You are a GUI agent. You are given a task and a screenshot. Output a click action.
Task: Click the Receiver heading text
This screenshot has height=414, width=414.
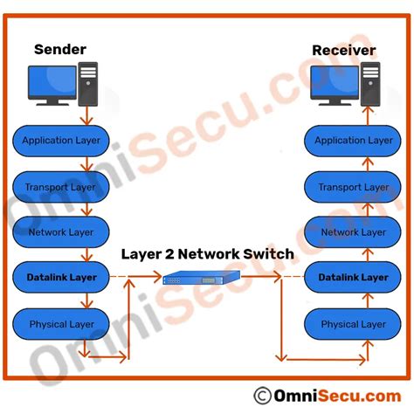(x=344, y=50)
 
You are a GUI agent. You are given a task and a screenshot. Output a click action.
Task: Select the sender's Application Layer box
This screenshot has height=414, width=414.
(x=61, y=140)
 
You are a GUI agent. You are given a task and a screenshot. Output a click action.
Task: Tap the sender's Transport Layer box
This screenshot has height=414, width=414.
(x=61, y=187)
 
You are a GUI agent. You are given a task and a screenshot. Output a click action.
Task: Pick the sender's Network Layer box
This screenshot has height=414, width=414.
(x=61, y=232)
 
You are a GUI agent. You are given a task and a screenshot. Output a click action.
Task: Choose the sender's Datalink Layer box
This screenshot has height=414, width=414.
(x=61, y=278)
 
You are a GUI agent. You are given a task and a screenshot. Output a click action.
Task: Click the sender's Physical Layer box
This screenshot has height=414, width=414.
(x=61, y=325)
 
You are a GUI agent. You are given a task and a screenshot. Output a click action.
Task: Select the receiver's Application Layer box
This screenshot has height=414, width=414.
(x=353, y=140)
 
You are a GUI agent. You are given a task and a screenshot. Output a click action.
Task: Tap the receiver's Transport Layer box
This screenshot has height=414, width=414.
(x=353, y=187)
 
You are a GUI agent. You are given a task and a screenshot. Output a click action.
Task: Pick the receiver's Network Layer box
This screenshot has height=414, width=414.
(x=353, y=232)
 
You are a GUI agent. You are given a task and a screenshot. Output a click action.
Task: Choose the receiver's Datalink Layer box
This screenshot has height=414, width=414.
(x=353, y=278)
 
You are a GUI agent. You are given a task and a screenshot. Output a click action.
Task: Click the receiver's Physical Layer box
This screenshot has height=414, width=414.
(x=353, y=325)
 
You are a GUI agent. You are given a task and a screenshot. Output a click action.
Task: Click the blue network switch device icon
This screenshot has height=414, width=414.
(x=202, y=279)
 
